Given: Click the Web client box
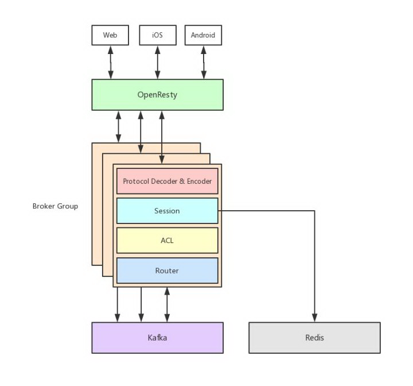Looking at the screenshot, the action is point(110,35).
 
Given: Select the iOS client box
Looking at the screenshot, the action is point(158,35).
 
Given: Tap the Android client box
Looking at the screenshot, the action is point(203,35).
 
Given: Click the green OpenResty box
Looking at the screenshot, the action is point(157,95).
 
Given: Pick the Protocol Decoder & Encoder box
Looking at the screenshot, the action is point(167,182).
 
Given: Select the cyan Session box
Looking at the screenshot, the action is point(167,211).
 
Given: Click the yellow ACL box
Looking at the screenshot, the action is point(167,240).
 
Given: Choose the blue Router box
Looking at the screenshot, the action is point(167,271).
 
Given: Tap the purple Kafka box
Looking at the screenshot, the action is point(157,338).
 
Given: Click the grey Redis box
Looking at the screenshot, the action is point(314,338).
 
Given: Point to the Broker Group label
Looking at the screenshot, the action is point(55,206).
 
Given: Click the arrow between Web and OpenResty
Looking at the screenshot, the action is point(111,62).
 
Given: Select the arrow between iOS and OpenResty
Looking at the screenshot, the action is point(158,62).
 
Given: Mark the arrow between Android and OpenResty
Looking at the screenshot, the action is point(204,62).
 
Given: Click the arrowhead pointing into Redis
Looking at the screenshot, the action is point(314,318).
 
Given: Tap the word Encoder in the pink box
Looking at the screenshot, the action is point(200,182).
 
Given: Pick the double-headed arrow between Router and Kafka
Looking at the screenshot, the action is point(167,304).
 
